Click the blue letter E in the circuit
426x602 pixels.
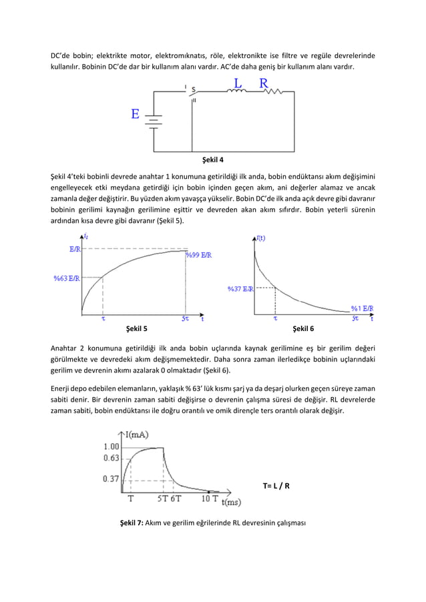click(x=136, y=114)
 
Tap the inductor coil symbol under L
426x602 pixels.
click(x=237, y=93)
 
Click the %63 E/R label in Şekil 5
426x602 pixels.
click(x=67, y=278)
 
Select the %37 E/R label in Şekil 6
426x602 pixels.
click(x=240, y=288)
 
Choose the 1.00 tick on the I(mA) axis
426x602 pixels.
click(x=112, y=446)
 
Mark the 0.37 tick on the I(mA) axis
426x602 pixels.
click(x=112, y=479)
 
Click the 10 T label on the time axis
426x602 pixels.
click(x=210, y=498)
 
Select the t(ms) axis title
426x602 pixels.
click(x=231, y=502)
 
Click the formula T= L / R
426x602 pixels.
click(x=277, y=485)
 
